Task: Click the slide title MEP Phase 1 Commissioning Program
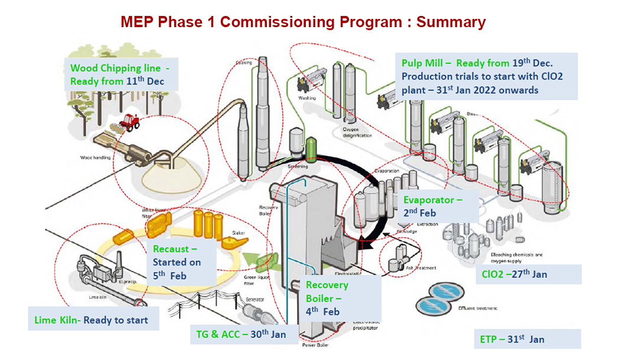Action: point(303,22)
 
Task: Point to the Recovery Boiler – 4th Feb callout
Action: point(327,298)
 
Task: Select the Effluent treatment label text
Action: point(478,308)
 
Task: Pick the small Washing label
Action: point(307,98)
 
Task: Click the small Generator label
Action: point(254,299)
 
